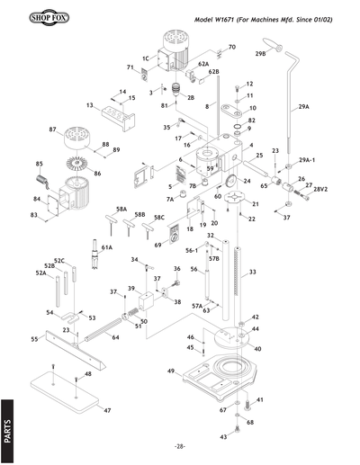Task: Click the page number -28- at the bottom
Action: click(x=180, y=447)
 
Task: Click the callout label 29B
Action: click(x=261, y=55)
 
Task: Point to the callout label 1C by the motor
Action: click(x=146, y=58)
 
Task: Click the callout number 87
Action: click(x=53, y=130)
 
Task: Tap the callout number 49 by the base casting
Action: click(x=170, y=371)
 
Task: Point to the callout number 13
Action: click(x=91, y=105)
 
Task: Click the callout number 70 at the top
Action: click(x=231, y=47)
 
